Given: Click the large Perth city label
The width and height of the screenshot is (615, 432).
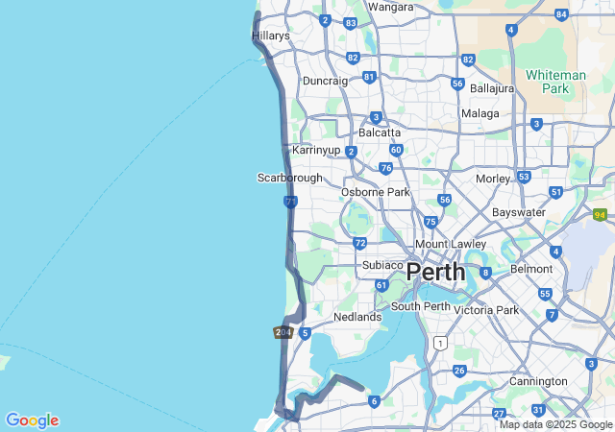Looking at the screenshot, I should (x=435, y=272).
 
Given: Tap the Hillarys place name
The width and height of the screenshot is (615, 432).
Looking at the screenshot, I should (x=271, y=36).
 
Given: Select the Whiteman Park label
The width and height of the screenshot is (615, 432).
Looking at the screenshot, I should (x=555, y=82).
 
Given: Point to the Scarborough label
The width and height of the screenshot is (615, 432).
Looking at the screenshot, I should (x=290, y=178).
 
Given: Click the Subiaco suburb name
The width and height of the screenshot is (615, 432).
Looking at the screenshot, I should (x=382, y=265).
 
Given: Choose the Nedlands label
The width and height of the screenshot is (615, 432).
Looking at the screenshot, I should (x=357, y=317).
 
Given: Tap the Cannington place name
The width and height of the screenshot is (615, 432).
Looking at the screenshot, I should (x=538, y=381).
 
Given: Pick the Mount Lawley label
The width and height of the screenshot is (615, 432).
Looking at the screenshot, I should (x=450, y=244).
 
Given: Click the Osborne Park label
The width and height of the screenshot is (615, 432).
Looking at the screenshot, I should (x=375, y=192).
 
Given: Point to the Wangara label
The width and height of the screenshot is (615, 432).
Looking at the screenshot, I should (x=391, y=7).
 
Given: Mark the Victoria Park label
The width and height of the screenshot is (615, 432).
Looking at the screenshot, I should (x=486, y=310).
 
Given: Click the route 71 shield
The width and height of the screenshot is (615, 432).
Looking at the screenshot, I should (x=290, y=202).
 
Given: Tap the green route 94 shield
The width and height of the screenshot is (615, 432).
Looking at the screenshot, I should (x=600, y=215).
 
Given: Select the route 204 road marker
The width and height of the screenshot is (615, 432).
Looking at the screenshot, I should (x=283, y=332).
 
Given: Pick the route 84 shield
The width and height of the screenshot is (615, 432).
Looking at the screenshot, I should (x=561, y=14).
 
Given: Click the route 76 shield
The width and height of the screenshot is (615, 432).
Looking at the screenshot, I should (x=385, y=168).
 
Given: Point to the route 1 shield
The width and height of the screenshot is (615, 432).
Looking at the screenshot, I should (x=440, y=343).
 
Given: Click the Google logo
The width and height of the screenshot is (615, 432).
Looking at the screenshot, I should (x=32, y=420).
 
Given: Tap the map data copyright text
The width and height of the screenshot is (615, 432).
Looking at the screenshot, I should (x=555, y=424).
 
